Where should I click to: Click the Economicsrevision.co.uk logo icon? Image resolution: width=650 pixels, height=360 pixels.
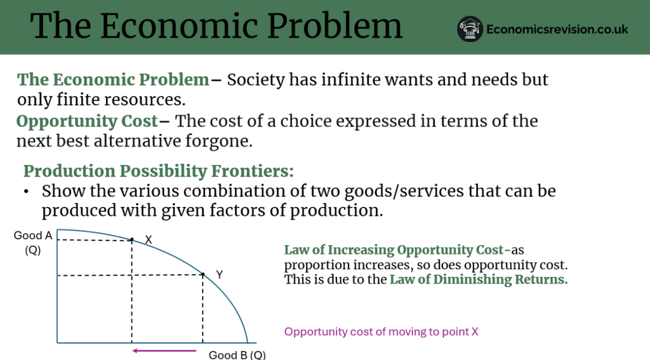(x=470, y=29)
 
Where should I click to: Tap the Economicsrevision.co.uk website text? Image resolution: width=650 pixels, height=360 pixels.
(x=557, y=29)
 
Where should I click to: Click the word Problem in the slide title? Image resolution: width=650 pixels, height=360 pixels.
(x=335, y=25)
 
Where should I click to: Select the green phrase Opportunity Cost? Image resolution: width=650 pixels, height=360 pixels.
(x=87, y=121)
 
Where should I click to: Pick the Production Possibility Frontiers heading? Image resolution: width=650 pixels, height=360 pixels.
(x=158, y=171)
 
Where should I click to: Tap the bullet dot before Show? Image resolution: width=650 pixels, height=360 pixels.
(x=27, y=192)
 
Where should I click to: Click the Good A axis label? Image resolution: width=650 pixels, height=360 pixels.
(x=33, y=236)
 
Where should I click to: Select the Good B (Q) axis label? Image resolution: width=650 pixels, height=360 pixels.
(x=237, y=355)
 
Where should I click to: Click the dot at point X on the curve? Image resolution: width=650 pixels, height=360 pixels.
(x=132, y=240)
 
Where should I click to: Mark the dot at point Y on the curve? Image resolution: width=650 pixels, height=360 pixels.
(x=202, y=274)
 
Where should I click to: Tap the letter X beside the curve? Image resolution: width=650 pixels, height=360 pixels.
(x=149, y=240)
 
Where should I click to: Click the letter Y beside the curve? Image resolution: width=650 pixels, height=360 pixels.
(x=219, y=274)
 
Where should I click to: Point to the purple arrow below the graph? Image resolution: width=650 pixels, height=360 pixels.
(x=164, y=351)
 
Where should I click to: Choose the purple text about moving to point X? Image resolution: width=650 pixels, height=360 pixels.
(x=381, y=332)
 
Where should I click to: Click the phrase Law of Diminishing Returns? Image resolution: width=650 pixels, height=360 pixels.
(x=479, y=279)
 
